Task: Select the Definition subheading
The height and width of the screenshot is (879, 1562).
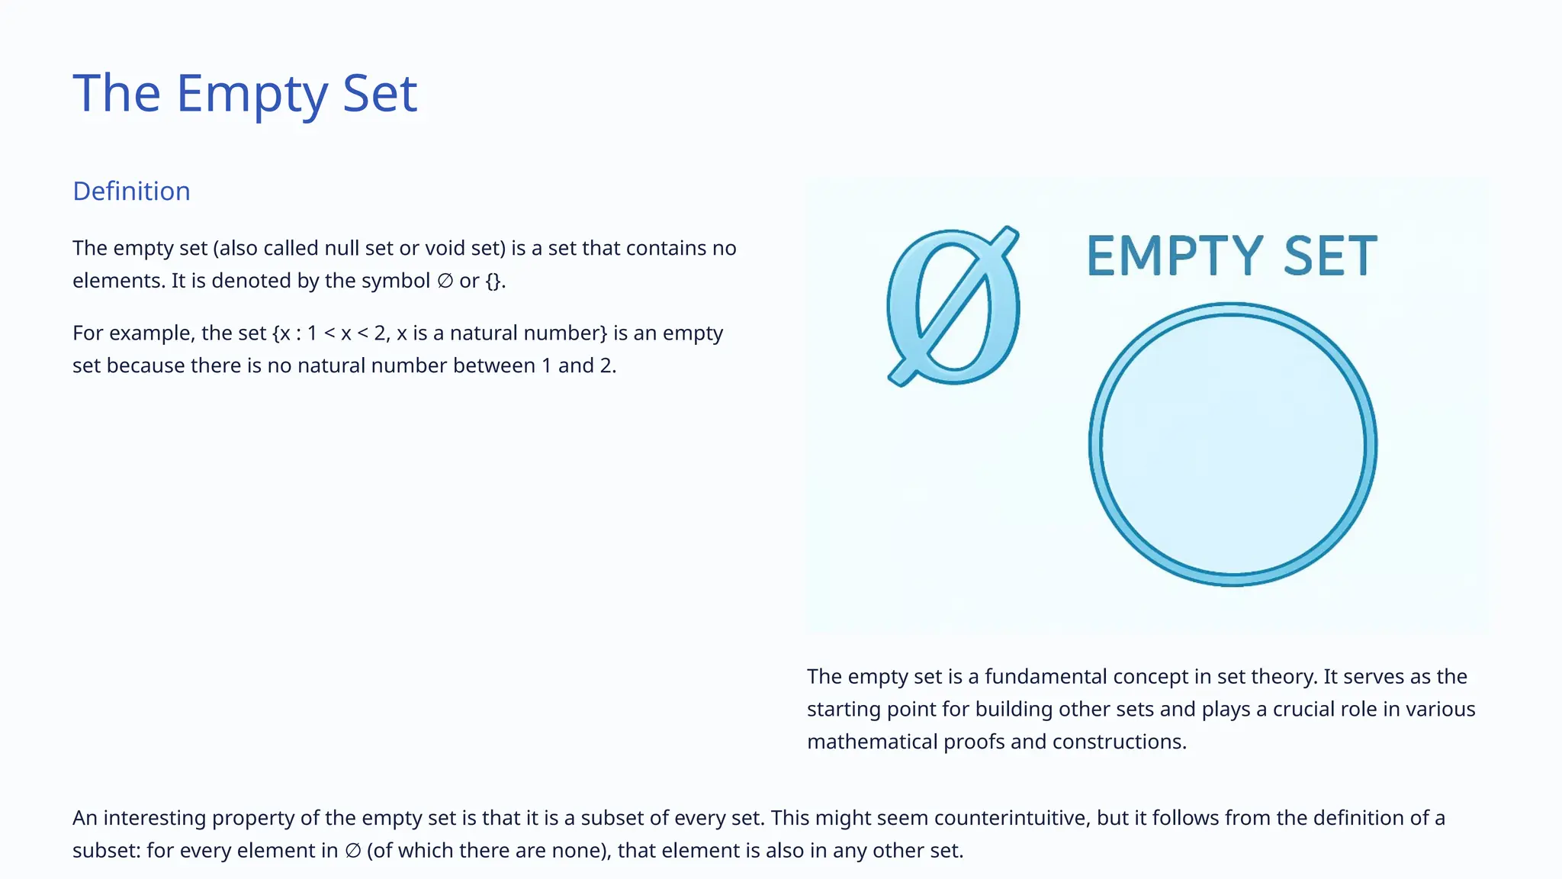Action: (x=131, y=191)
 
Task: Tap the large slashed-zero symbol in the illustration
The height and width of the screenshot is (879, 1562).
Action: (x=953, y=307)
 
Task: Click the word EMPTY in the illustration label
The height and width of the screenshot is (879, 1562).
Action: (x=1175, y=256)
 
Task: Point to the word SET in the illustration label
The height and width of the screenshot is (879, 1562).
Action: (x=1330, y=256)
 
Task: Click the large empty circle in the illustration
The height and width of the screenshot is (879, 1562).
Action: (x=1233, y=445)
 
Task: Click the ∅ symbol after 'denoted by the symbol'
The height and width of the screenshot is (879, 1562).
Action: (x=445, y=281)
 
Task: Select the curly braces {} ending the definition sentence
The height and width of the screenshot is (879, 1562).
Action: (x=493, y=281)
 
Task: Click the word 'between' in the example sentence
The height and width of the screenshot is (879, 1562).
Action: (x=493, y=365)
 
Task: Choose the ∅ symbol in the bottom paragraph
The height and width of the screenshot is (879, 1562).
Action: (x=352, y=851)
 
